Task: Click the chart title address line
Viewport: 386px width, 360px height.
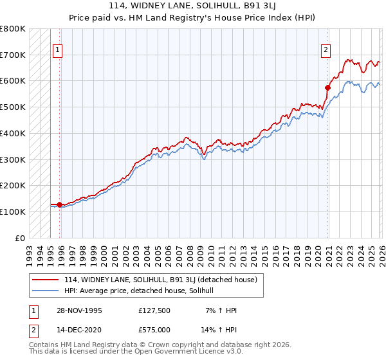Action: (x=192, y=7)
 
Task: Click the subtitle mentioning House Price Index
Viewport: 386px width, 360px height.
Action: (x=192, y=18)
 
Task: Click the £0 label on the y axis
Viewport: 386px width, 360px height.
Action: (x=21, y=238)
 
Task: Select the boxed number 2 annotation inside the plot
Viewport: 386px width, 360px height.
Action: (x=326, y=50)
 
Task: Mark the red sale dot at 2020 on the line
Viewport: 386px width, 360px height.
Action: (x=327, y=87)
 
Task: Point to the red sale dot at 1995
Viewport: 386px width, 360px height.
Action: (x=60, y=204)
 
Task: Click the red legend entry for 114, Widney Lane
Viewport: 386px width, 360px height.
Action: (x=160, y=280)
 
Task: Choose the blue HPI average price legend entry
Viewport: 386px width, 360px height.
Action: (x=142, y=291)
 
